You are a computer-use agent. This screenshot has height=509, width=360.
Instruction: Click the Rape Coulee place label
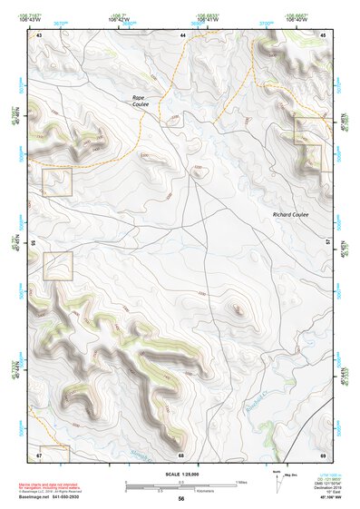139,100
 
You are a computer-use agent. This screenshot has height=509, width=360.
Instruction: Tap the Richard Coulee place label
290,214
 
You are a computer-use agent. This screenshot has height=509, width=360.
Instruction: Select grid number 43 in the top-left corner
40,34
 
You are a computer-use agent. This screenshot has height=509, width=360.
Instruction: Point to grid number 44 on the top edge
182,34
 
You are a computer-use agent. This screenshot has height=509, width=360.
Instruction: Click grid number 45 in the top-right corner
324,34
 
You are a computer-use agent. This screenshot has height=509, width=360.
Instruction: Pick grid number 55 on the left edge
34,243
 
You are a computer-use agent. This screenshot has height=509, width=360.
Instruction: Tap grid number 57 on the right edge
330,243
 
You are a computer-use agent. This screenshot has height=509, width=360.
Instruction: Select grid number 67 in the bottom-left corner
40,454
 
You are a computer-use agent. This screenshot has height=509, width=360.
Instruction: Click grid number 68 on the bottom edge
181,454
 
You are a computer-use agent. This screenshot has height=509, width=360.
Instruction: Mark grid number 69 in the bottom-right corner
324,454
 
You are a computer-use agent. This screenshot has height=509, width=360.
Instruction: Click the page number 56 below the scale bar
181,499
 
